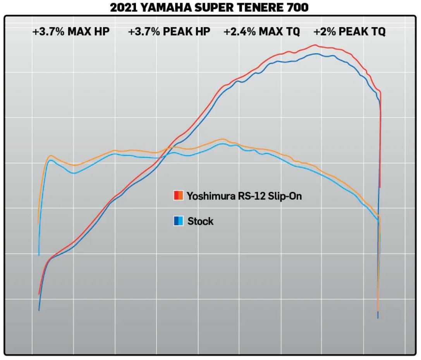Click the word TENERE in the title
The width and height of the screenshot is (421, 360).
(261, 8)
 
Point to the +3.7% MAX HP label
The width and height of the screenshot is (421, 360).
(71, 32)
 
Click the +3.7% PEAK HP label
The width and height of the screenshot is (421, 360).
(169, 32)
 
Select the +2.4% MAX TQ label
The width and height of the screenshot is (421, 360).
(262, 32)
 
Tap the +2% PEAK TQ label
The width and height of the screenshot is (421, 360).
(350, 32)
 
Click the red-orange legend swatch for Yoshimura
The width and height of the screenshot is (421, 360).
(178, 196)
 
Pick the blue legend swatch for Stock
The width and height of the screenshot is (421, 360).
(178, 221)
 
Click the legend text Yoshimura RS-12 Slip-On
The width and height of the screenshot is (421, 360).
(244, 196)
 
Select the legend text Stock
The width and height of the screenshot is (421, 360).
(200, 221)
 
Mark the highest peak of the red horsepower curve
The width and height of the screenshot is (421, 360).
(315, 45)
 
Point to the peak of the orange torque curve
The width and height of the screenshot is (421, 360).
(223, 139)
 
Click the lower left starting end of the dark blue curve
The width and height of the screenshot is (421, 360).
(39, 310)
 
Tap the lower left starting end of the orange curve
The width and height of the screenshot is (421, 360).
(38, 224)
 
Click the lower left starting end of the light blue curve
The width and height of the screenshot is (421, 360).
(39, 255)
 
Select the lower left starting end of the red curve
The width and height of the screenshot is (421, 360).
(39, 294)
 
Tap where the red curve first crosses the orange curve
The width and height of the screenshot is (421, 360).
(167, 148)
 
